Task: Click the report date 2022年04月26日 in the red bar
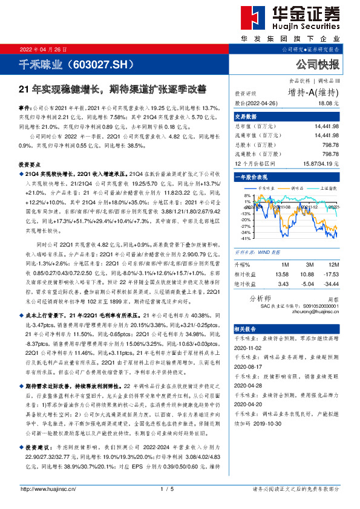tap(44, 49)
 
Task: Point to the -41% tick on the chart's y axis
tap(244, 239)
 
